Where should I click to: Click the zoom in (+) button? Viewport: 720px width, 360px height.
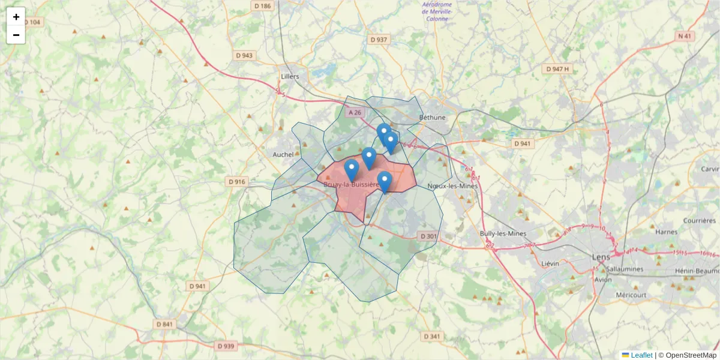16,17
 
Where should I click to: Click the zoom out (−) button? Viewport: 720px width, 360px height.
16,35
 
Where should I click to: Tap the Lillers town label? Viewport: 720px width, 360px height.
290,77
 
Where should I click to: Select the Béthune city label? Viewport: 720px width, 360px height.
433,118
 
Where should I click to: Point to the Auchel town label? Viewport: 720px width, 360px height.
283,154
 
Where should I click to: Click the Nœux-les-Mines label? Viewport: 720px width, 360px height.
453,186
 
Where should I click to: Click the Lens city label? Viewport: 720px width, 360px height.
601,257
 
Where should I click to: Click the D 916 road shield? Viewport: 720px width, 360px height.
237,181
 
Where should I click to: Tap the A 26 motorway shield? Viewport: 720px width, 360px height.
355,112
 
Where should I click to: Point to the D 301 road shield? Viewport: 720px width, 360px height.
429,236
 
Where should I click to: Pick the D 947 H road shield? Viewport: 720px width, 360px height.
557,69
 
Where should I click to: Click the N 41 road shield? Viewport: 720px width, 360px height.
685,36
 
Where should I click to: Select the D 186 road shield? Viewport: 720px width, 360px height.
263,6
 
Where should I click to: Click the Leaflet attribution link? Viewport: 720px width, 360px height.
641,355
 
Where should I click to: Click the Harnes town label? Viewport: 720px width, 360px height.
667,232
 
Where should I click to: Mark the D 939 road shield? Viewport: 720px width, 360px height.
226,346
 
